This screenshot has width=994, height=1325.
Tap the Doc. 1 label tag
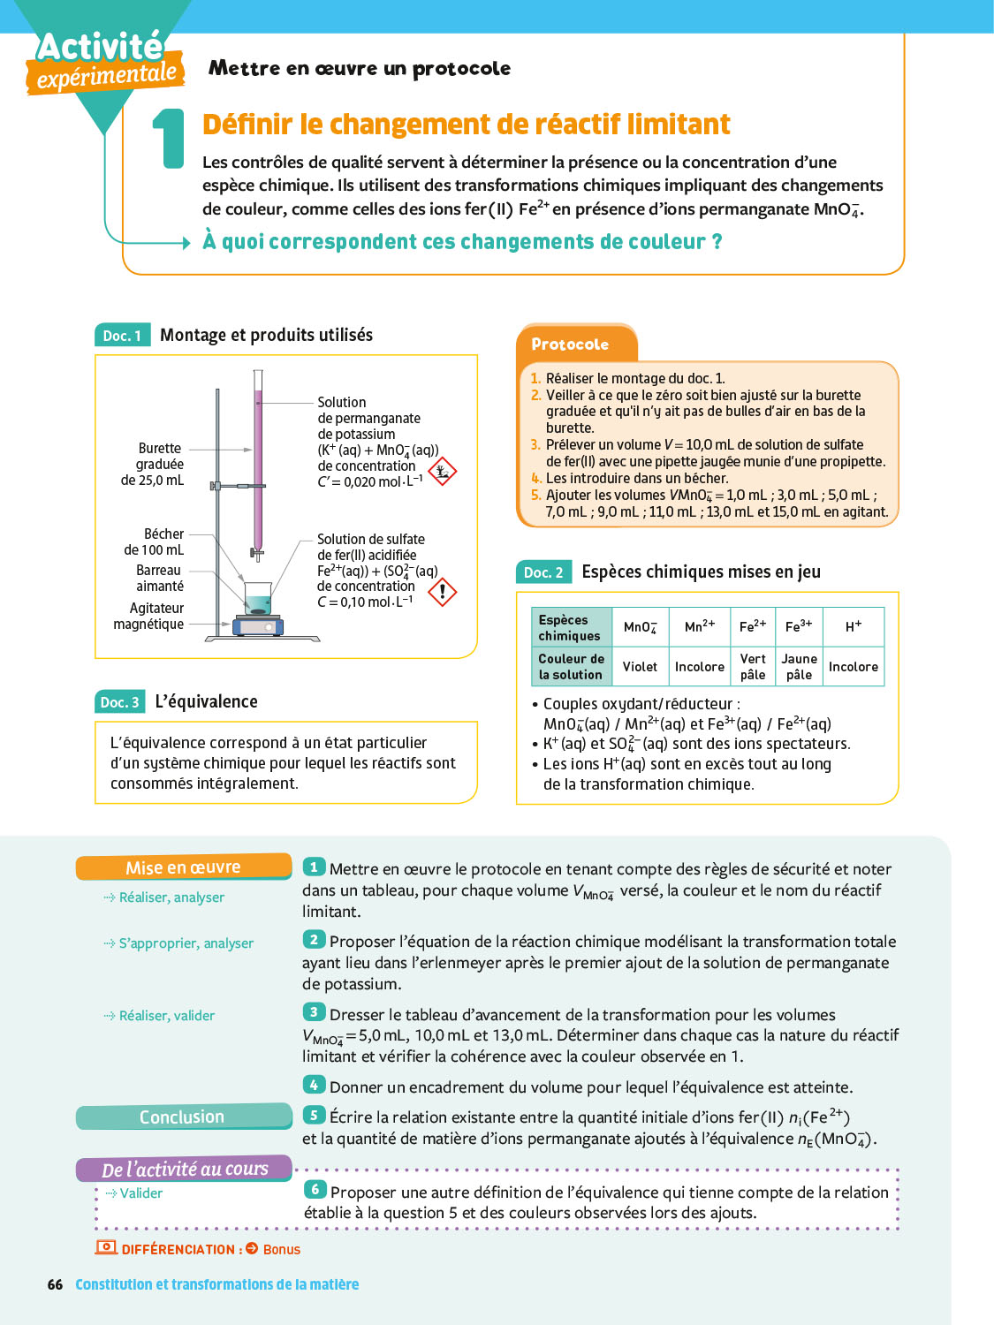122,336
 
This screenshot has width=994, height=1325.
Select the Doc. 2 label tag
543,572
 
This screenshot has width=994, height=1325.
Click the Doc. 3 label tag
119,702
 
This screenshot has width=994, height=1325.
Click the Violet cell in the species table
640,667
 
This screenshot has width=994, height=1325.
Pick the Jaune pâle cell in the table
799,667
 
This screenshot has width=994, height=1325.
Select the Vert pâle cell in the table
753,667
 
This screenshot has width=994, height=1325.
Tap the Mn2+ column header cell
699,626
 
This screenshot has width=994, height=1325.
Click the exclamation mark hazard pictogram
442,591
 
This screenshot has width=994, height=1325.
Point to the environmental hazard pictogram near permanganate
442,471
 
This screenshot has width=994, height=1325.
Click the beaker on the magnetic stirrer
258,598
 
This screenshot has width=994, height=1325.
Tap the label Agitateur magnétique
148,616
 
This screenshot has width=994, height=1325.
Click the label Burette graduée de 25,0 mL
153,465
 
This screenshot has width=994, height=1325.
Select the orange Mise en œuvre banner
183,867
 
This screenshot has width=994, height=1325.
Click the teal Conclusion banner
183,1117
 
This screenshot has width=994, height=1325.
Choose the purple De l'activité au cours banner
184,1169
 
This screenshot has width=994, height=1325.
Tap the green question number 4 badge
314,1085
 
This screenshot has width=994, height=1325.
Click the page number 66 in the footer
55,1284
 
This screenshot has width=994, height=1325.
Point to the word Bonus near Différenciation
281,1249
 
